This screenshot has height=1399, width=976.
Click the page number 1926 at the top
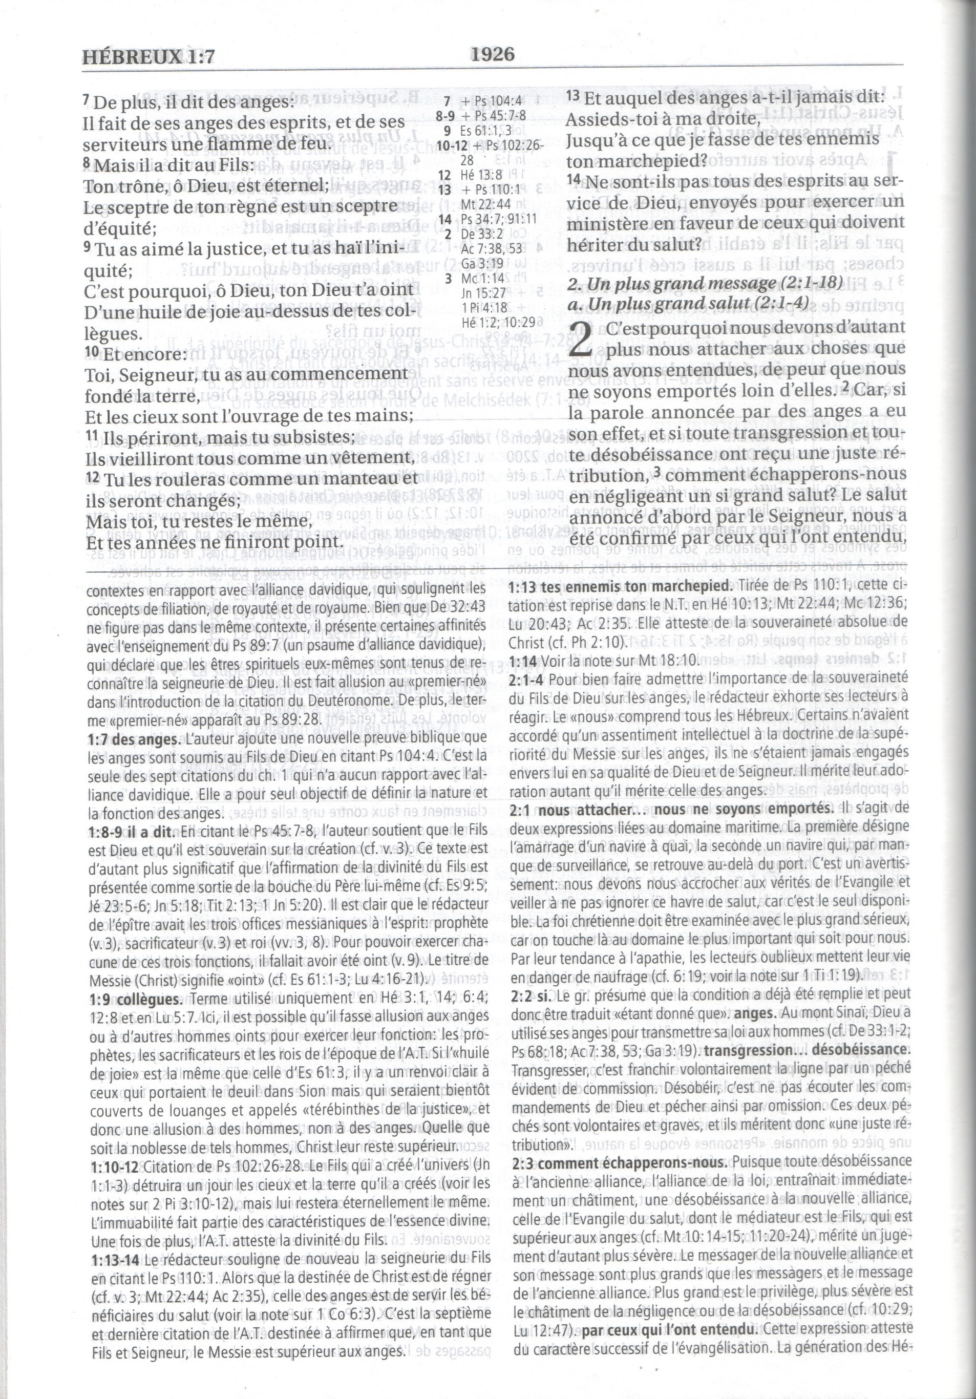[492, 55]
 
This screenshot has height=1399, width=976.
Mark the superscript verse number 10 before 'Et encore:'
[91, 352]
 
